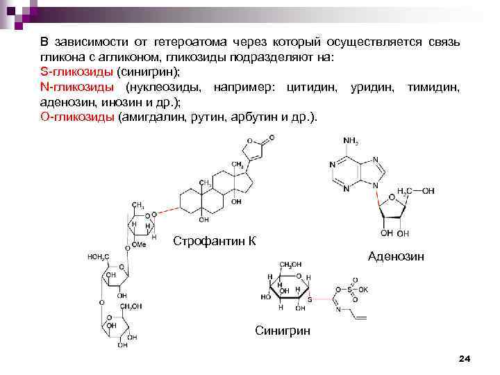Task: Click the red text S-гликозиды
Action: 75,72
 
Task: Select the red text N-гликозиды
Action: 76,87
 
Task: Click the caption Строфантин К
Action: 215,241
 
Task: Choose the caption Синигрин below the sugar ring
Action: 283,331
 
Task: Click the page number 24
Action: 465,358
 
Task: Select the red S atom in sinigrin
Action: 310,300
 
